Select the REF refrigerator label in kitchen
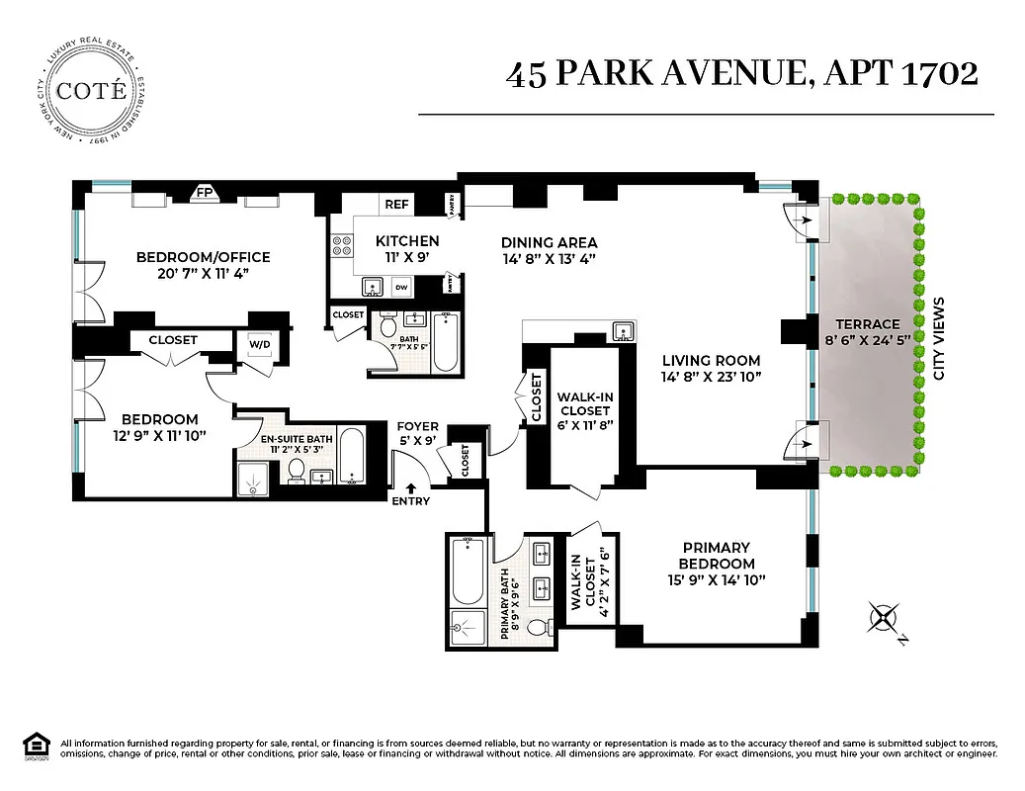click(396, 205)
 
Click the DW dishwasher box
click(401, 287)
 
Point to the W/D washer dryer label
click(259, 345)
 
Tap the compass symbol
click(883, 620)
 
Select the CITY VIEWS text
click(940, 338)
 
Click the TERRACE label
click(867, 323)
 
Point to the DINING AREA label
click(549, 242)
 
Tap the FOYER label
click(418, 426)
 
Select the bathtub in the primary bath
click(466, 571)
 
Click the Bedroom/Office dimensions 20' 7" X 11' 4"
click(203, 274)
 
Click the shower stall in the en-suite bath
click(254, 480)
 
